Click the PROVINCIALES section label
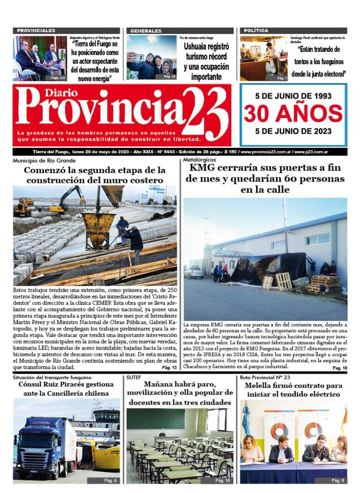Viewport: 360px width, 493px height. [x=36, y=30]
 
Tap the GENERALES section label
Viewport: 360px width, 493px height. [x=146, y=31]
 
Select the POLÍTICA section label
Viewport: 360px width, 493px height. [x=256, y=31]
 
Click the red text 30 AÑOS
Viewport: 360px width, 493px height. [x=293, y=113]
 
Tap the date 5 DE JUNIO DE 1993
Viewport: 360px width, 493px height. [x=293, y=96]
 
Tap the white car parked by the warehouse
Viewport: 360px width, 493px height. [x=194, y=272]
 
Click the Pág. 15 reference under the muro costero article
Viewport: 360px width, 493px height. [x=169, y=368]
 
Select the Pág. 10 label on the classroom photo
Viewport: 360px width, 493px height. [x=222, y=481]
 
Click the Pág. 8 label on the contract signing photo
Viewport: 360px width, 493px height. [x=337, y=481]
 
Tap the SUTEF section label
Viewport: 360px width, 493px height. [x=133, y=377]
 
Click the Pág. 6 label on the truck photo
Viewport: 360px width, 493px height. [x=111, y=481]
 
